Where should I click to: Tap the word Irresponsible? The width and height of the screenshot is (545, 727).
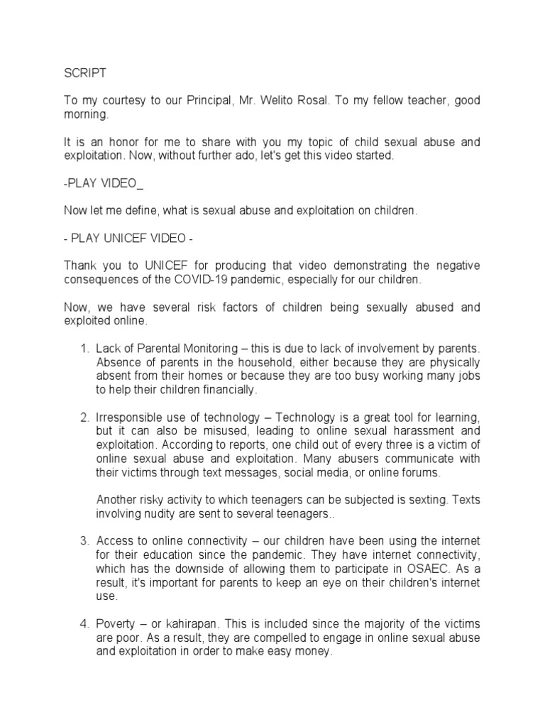pyautogui.click(x=130, y=416)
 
